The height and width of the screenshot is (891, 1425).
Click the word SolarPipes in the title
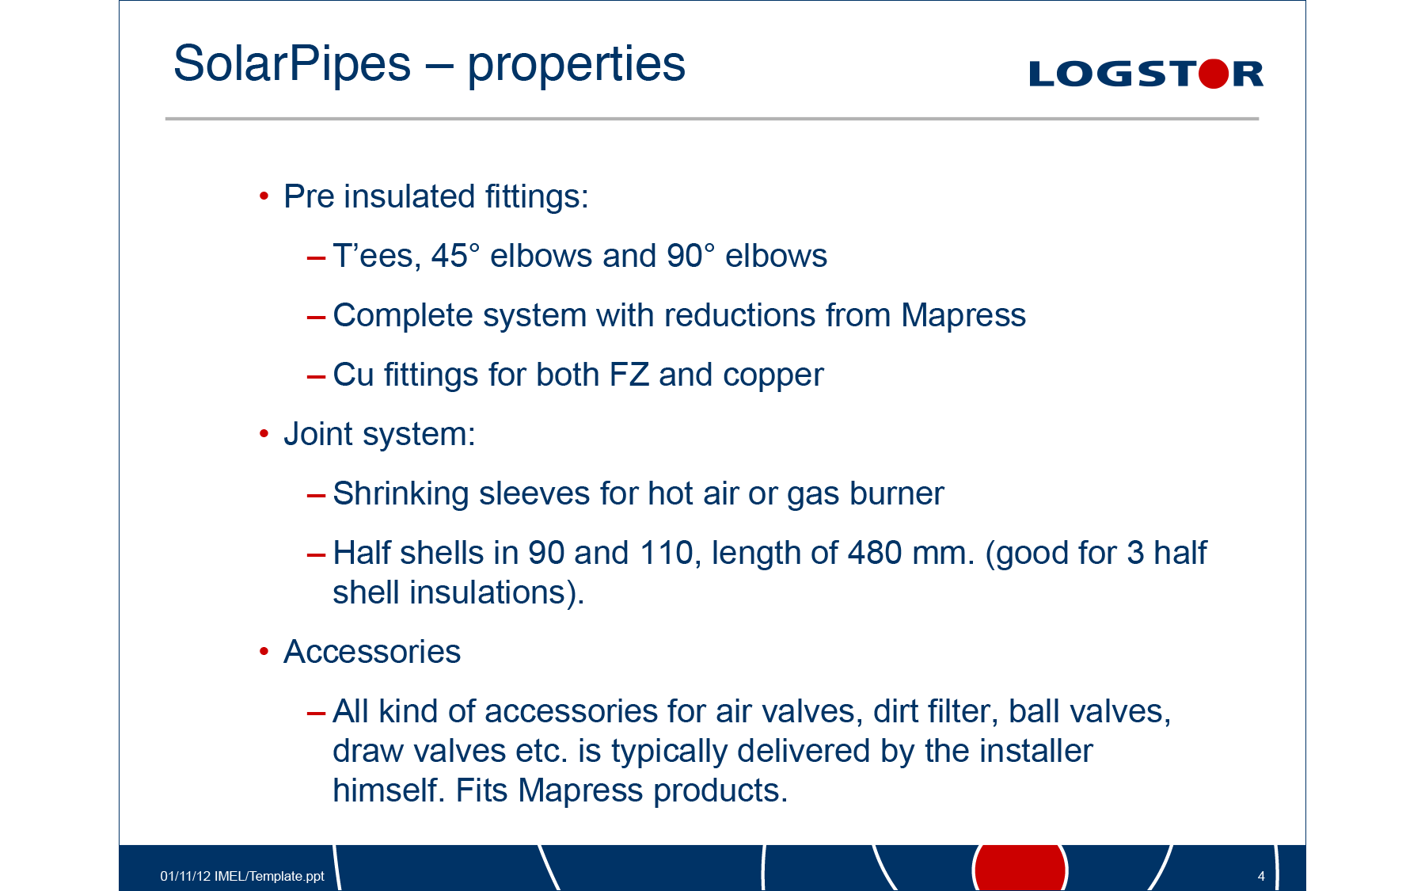pyautogui.click(x=292, y=63)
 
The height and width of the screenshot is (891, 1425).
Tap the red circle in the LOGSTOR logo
pyautogui.click(x=1214, y=74)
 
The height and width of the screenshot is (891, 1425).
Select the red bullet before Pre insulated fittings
pyautogui.click(x=264, y=196)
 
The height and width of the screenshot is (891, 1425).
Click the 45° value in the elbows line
pyautogui.click(x=456, y=256)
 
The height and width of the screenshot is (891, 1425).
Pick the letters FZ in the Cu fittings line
pyautogui.click(x=629, y=375)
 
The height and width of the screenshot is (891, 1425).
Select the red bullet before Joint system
pyautogui.click(x=264, y=433)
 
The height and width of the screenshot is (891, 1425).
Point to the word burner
pyautogui.click(x=897, y=493)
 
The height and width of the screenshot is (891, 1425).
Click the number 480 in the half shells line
pyautogui.click(x=875, y=553)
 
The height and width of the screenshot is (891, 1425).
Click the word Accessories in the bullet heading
pyautogui.click(x=372, y=652)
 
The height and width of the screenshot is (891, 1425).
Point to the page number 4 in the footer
pyautogui.click(x=1261, y=876)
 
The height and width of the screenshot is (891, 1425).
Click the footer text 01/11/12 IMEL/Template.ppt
pyautogui.click(x=242, y=876)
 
